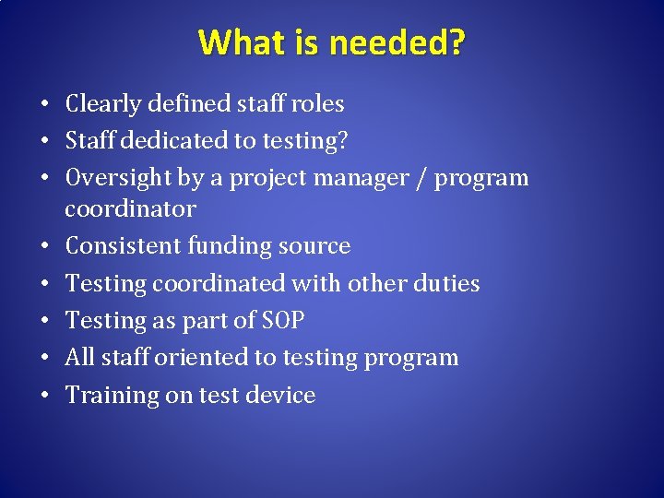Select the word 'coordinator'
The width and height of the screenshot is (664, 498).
pos(130,208)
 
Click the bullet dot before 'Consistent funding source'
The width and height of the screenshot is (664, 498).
pos(45,246)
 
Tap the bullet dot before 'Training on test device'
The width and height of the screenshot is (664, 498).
pos(45,396)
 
